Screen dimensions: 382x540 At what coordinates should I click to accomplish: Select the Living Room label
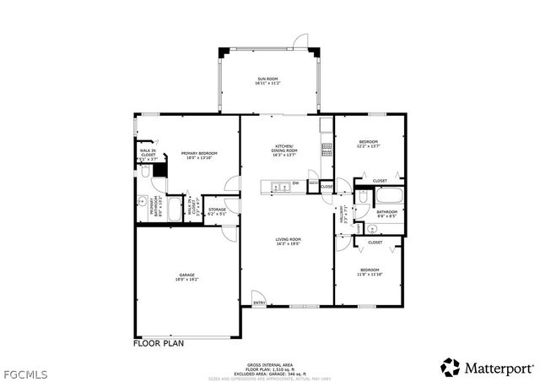288,242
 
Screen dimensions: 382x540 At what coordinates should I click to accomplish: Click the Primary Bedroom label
195,155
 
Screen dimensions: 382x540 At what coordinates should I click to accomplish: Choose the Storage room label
217,211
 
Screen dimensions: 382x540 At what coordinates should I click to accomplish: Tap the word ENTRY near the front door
259,303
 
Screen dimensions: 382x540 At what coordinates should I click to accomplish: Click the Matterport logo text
499,367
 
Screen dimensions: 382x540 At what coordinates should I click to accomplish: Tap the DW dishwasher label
295,183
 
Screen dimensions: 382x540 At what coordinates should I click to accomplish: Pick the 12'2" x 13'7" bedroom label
368,144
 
